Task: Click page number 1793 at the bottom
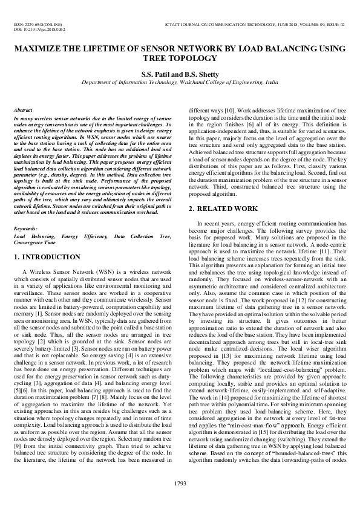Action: (180, 482)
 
